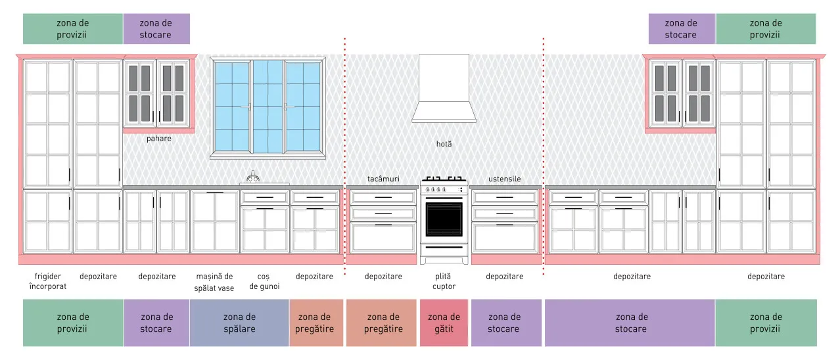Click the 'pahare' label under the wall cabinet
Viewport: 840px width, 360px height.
(158, 139)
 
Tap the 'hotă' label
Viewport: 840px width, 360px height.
(444, 144)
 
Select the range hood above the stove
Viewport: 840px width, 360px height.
(444, 89)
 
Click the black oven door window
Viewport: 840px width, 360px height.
(444, 220)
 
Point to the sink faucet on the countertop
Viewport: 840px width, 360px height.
(253, 177)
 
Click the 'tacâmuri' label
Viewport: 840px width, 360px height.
(383, 179)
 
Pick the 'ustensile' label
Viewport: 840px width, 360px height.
(504, 179)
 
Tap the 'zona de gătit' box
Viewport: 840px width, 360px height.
(444, 323)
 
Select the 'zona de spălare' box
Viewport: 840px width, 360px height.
(239, 323)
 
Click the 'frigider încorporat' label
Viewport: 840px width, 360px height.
(47, 281)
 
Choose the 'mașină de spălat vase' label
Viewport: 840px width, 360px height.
(214, 282)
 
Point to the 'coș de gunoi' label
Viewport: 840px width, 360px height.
(264, 281)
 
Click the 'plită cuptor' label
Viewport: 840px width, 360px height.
(444, 281)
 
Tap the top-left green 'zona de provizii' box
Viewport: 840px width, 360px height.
(73, 29)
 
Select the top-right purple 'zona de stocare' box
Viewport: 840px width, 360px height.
(682, 29)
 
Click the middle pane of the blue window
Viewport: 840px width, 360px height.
(268, 107)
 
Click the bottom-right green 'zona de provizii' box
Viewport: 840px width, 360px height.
(766, 323)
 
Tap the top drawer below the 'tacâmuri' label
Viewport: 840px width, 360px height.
(383, 197)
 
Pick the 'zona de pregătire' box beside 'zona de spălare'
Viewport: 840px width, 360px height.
(316, 323)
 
